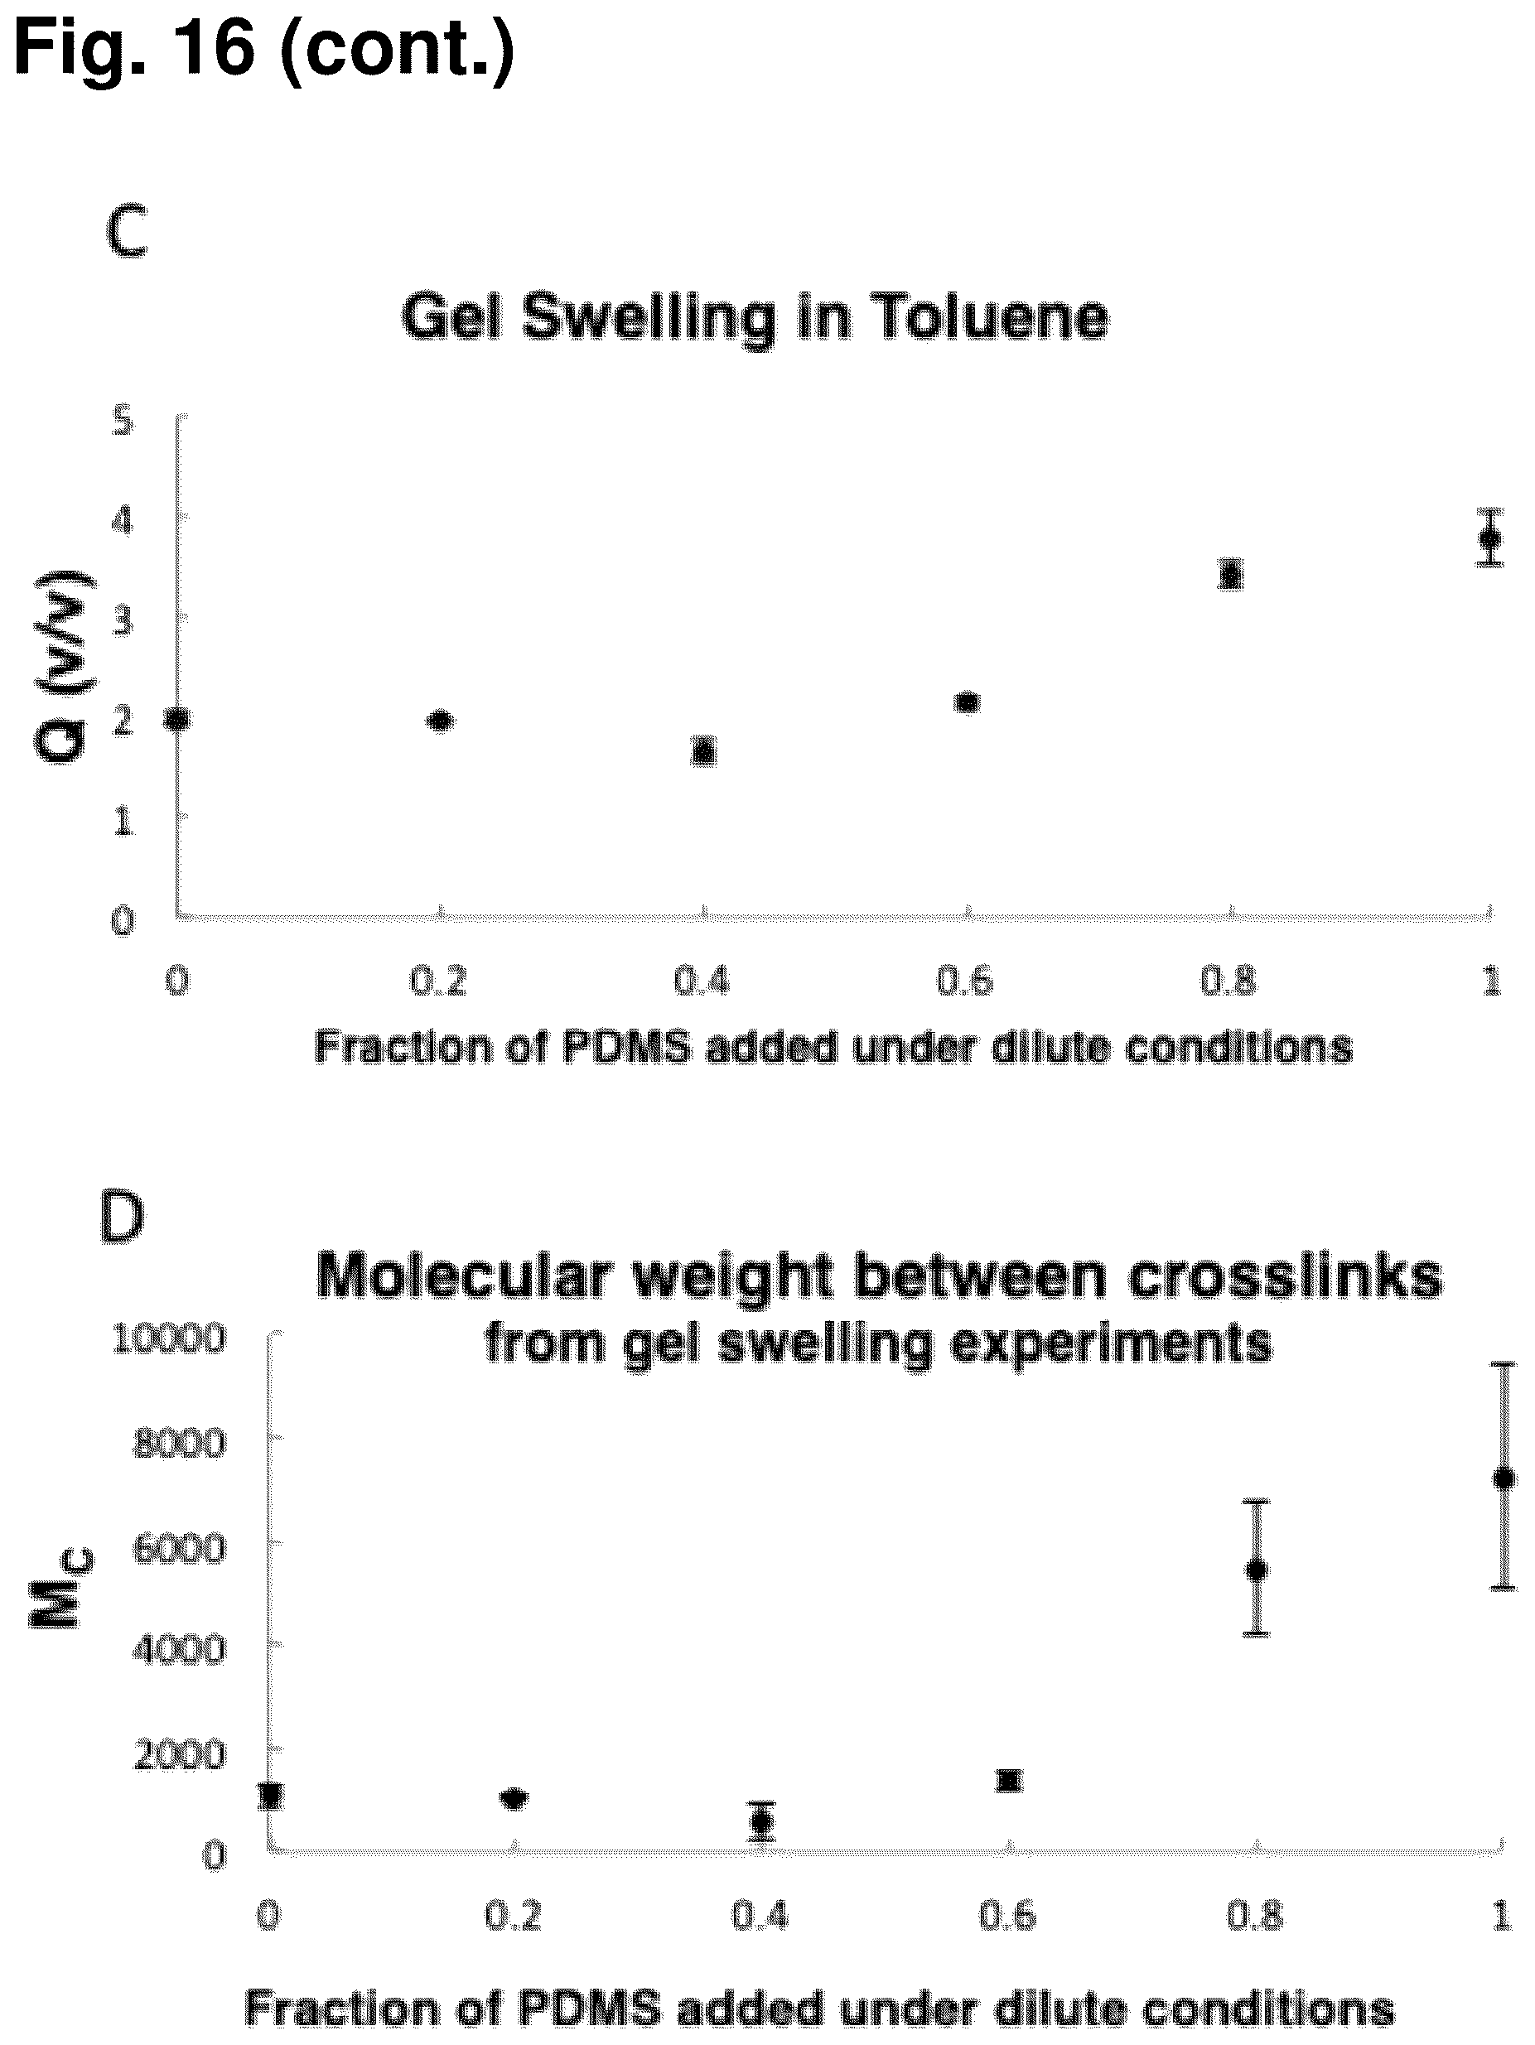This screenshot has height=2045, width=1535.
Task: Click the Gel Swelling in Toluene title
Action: point(755,319)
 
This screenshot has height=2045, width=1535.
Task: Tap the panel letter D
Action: point(122,1218)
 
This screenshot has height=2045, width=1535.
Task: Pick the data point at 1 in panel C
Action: point(1489,538)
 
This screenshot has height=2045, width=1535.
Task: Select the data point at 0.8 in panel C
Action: point(1230,574)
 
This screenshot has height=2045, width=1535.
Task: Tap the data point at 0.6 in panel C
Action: point(968,702)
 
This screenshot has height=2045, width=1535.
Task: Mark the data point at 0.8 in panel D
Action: point(1257,1569)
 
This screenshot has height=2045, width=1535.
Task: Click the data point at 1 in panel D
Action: point(1504,1478)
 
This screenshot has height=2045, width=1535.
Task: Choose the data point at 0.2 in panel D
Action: point(514,1798)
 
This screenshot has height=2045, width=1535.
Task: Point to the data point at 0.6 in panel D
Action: point(1009,1781)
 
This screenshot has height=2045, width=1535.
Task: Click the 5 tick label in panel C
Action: point(123,422)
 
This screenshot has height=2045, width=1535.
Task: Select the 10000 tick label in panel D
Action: point(168,1338)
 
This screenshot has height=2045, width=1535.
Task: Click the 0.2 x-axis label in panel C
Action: point(438,981)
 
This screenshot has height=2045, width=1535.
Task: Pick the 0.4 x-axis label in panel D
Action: point(760,1917)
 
